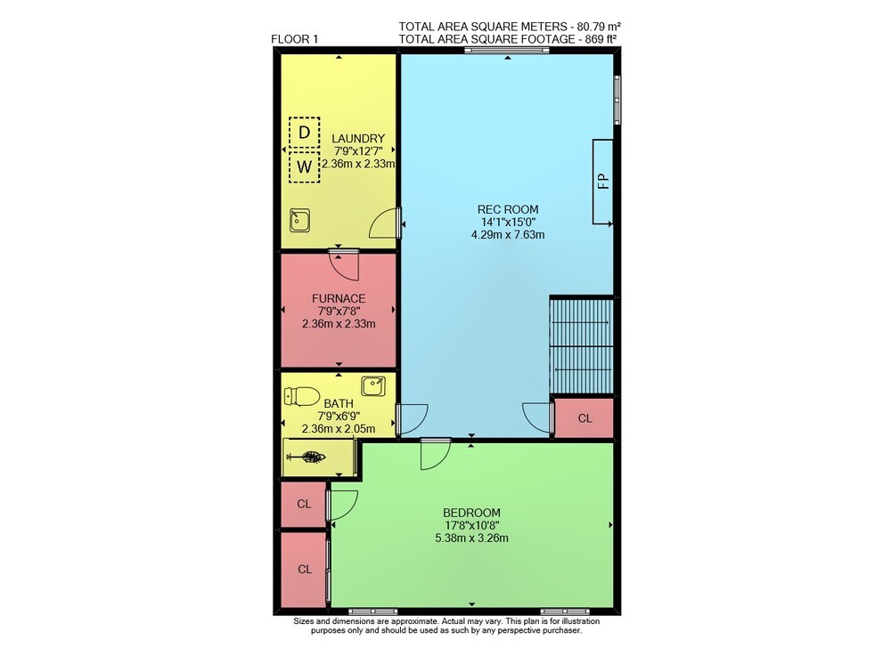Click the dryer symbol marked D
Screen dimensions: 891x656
tap(304, 133)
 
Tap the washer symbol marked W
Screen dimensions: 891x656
tap(304, 166)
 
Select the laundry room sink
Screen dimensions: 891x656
tap(299, 220)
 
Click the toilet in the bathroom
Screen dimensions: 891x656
tap(302, 396)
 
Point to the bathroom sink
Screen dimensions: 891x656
tap(373, 386)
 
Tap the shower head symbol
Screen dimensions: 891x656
tap(307, 457)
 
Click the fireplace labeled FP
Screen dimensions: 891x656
tap(602, 181)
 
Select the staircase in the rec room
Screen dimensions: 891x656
tap(581, 345)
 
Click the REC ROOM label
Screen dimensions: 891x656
tap(508, 209)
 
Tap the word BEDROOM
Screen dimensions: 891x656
tap(471, 513)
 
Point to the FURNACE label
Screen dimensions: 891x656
tap(339, 298)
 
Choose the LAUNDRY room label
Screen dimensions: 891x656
tap(358, 139)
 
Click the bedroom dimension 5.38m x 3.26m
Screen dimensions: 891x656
tap(471, 538)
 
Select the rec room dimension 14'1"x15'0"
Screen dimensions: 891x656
tap(508, 222)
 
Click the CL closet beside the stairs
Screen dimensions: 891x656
tap(584, 418)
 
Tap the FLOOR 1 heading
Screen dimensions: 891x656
tap(295, 39)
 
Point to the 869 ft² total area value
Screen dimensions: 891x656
tap(598, 38)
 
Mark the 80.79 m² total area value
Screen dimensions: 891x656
tap(599, 26)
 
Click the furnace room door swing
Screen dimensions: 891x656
tap(344, 265)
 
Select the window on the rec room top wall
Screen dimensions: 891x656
tap(507, 51)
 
